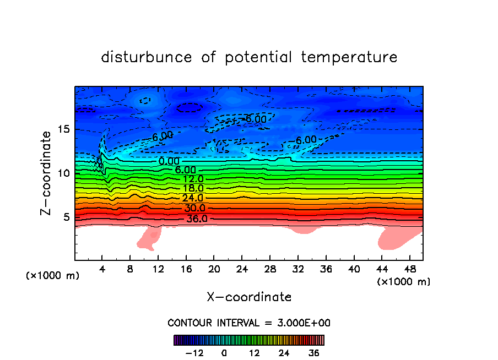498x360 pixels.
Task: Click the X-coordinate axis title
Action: click(249, 297)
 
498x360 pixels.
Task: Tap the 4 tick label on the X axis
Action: click(102, 269)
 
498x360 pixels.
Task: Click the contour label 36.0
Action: click(197, 219)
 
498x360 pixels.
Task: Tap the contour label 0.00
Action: click(169, 161)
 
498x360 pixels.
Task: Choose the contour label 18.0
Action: click(193, 188)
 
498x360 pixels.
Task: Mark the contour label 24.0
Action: click(193, 198)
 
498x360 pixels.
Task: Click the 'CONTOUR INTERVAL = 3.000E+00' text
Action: click(249, 323)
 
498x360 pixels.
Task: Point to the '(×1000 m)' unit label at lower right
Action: click(404, 282)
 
